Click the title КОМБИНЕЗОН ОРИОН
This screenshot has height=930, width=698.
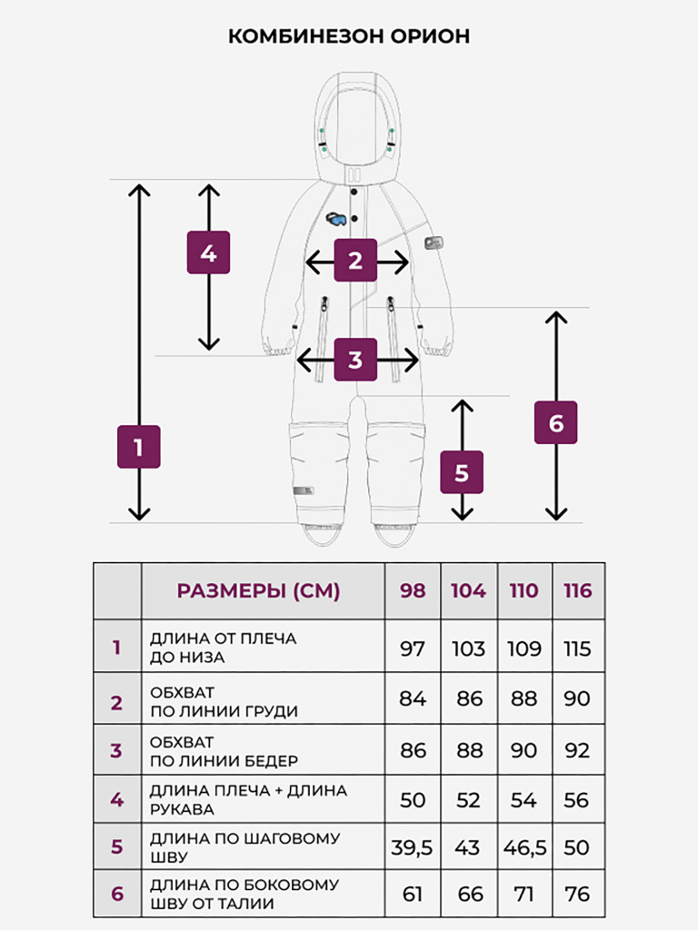349,36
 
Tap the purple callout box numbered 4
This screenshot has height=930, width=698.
208,252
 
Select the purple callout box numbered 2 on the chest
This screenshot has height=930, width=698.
355,260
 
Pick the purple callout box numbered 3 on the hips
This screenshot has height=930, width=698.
355,360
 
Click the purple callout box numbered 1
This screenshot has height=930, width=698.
138,447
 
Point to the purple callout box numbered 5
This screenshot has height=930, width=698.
461,472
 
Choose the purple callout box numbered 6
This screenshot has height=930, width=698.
555,422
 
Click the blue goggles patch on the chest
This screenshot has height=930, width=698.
336,219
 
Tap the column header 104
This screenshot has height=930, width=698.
468,590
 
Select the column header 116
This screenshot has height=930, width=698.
577,590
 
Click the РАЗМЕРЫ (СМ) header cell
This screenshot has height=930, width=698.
258,590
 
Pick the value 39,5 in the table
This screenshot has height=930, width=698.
412,847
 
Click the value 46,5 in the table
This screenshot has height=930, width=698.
524,847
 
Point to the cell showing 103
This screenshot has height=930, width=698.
468,648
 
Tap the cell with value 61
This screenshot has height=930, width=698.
412,894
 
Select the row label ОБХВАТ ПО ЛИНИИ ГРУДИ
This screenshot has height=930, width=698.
224,702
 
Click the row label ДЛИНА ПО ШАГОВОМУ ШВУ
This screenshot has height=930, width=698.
244,847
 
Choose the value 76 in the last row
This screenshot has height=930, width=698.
577,894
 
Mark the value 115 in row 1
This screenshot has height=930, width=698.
577,648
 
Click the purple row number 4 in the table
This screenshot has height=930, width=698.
117,799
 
